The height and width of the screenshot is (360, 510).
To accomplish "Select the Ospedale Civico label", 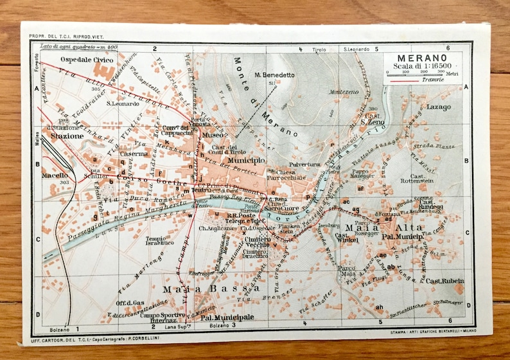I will [82, 59].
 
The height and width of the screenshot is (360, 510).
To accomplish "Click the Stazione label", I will [67, 136].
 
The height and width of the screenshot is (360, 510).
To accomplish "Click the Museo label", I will [211, 136].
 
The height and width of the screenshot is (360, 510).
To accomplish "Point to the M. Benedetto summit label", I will [274, 75].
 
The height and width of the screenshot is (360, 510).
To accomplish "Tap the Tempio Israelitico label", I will [159, 240].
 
